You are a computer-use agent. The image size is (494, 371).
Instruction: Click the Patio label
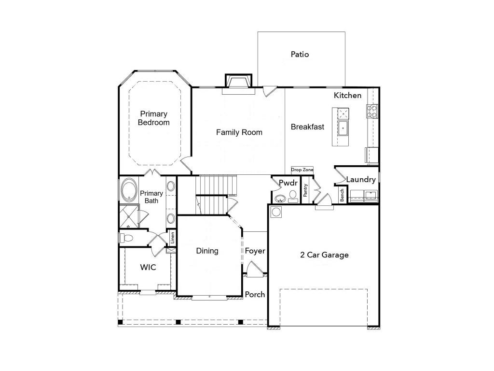300,55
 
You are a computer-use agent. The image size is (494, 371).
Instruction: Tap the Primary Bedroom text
154,118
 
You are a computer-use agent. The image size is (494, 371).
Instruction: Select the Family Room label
239,132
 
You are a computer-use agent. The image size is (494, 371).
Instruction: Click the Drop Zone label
302,170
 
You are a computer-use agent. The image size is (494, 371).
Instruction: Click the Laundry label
361,180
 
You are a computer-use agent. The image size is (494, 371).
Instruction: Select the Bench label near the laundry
342,195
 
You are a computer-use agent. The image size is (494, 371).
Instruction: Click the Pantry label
305,190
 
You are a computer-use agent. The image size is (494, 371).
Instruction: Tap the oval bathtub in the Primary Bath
129,190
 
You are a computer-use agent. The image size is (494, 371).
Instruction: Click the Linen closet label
172,237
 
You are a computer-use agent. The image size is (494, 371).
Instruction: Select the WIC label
148,267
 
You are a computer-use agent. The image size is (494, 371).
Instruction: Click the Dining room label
207,251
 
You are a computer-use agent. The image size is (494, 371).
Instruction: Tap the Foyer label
255,251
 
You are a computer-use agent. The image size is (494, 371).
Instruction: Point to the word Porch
255,294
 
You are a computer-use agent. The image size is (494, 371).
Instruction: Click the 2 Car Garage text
324,255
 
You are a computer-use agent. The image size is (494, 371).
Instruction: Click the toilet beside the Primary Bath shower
126,238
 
